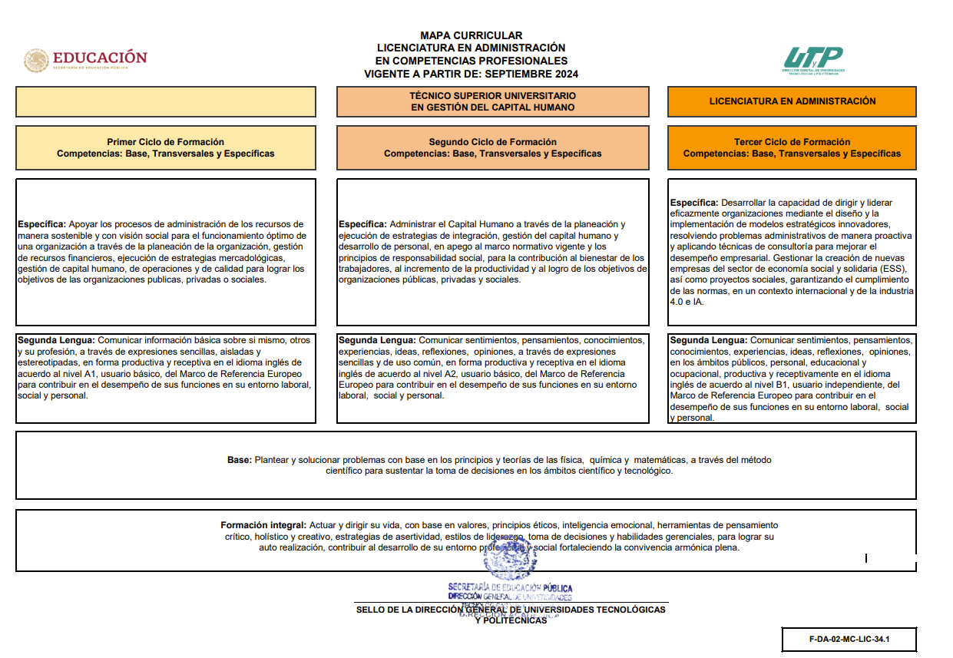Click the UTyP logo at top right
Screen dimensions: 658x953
[813, 59]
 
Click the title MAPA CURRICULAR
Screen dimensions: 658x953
[471, 35]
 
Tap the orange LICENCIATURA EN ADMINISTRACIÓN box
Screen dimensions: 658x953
[792, 101]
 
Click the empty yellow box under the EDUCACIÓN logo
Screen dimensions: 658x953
[165, 101]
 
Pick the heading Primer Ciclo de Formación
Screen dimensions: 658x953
[165, 142]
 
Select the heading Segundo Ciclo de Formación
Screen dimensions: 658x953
[492, 142]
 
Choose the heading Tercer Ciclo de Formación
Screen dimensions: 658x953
[792, 142]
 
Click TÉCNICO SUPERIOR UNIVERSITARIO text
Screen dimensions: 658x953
[492, 96]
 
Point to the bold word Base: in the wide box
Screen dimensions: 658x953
[239, 460]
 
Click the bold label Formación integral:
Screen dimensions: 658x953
[263, 525]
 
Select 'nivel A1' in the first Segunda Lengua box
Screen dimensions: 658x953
[82, 373]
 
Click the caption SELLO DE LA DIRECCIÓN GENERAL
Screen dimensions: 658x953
[511, 610]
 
